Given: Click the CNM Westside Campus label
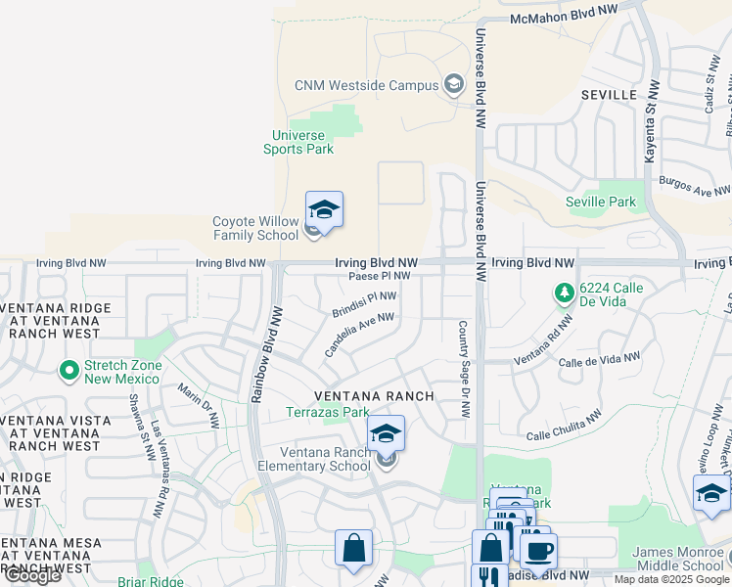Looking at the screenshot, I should (x=367, y=85).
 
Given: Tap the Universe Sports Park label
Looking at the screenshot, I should (x=298, y=142).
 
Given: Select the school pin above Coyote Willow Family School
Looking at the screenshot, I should (x=324, y=209).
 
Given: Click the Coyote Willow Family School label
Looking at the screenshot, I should (x=255, y=228).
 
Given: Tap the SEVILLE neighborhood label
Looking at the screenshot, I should (x=609, y=95).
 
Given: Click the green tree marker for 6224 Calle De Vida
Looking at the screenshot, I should (x=564, y=293).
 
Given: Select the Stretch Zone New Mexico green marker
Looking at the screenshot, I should (x=69, y=371).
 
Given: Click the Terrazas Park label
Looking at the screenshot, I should (x=328, y=413).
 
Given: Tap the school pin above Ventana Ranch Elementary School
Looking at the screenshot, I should (x=386, y=432).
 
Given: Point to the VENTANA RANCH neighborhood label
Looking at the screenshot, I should (x=374, y=396).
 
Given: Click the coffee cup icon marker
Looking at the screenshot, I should (x=538, y=551).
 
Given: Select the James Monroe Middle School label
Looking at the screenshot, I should (x=678, y=559).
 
